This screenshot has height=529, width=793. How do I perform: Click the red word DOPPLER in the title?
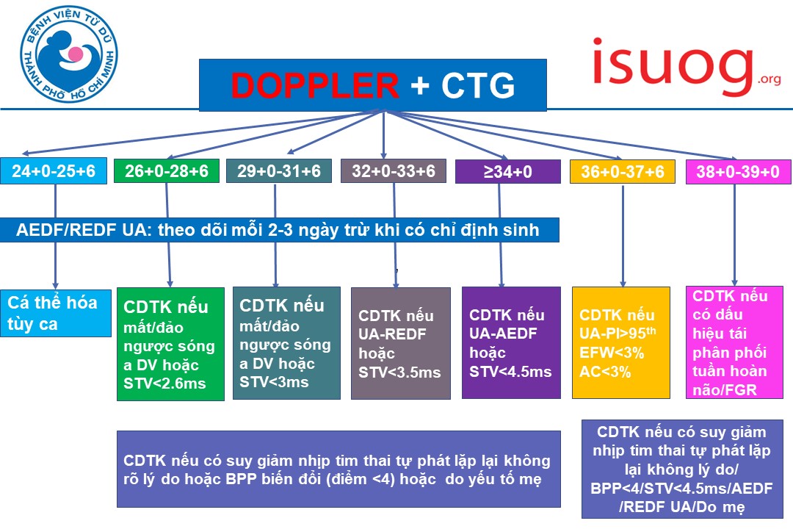[x=315, y=85]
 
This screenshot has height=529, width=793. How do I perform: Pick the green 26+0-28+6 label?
[x=167, y=171]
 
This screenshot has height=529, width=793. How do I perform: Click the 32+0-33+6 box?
[x=394, y=171]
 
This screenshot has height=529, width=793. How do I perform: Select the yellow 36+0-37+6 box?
[x=623, y=172]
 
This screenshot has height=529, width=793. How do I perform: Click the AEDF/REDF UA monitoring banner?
[x=278, y=230]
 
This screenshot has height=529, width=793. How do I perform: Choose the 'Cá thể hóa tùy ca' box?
[x=55, y=313]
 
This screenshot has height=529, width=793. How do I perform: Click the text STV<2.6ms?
[x=165, y=384]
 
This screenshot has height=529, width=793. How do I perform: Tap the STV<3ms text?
[x=274, y=382]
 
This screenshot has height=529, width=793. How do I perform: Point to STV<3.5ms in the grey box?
[x=399, y=373]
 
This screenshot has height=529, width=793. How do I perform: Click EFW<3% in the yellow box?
[x=612, y=353]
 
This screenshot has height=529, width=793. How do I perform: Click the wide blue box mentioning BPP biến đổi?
[x=338, y=469]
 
